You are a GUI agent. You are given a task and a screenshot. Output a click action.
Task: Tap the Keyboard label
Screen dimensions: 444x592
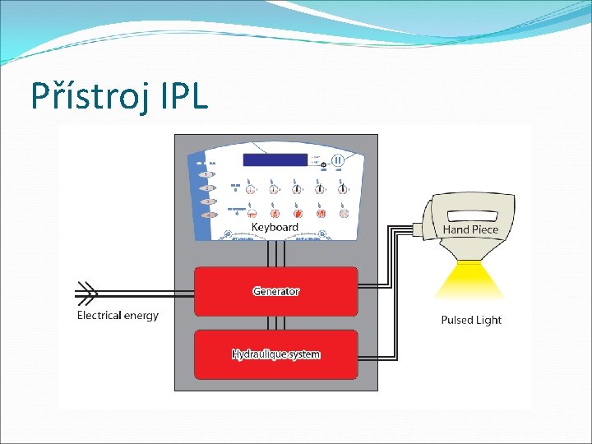pos(275,226)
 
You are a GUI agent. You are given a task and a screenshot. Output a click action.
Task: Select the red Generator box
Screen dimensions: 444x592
pos(275,291)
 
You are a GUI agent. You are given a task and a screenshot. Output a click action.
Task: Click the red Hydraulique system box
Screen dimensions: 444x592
pos(275,354)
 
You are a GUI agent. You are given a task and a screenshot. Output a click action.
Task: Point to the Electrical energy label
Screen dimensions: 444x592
pos(118,315)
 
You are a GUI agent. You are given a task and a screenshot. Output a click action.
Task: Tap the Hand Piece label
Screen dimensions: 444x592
pos(470,229)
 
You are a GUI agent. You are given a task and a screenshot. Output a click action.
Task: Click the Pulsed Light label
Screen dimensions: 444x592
pos(470,320)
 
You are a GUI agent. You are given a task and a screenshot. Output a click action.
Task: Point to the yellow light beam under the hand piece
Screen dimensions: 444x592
pos(469,279)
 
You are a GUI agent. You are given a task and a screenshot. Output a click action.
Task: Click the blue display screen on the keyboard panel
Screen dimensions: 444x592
pos(275,160)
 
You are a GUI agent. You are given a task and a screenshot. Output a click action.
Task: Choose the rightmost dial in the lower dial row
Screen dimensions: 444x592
pos(344,213)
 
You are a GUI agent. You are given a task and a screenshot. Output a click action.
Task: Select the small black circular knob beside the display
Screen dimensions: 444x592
pos(324,165)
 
